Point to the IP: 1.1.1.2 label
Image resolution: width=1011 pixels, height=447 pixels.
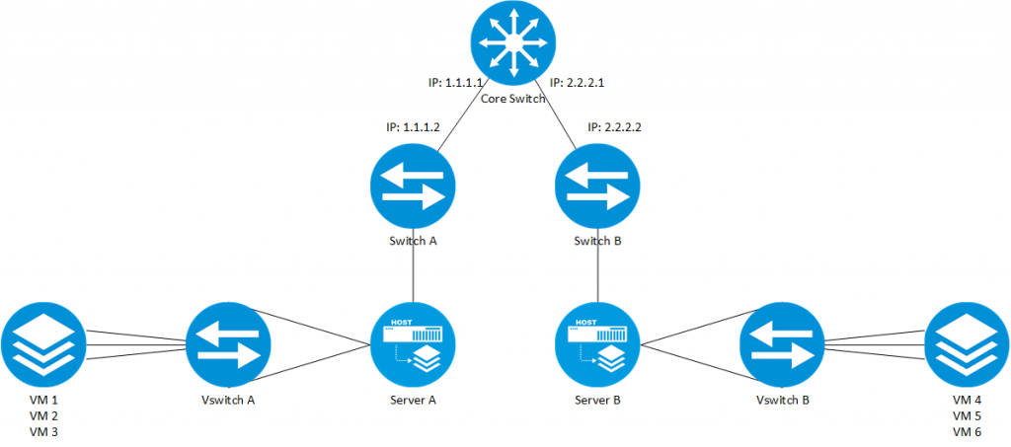tap(414, 128)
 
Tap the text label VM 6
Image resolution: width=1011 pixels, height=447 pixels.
tap(968, 432)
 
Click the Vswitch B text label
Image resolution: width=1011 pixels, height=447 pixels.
tap(783, 402)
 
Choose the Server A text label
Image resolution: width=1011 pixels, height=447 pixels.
tap(413, 402)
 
